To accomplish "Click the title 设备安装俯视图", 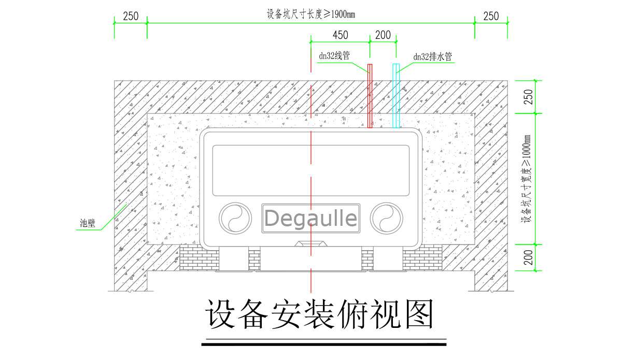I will [320, 314].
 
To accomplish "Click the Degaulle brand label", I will [310, 218].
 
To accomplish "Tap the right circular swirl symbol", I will [386, 217].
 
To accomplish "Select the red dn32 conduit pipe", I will [370, 96].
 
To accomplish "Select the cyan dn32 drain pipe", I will [396, 96].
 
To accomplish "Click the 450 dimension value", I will [340, 35].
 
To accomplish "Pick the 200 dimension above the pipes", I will [383, 35].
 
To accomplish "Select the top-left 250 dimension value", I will [131, 16].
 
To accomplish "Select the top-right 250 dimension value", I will [491, 16].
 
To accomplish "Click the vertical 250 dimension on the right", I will [528, 97].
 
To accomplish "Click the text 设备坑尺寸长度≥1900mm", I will [310, 15].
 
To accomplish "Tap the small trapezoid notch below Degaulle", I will [310, 243].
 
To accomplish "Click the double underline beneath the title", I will [323, 342].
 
